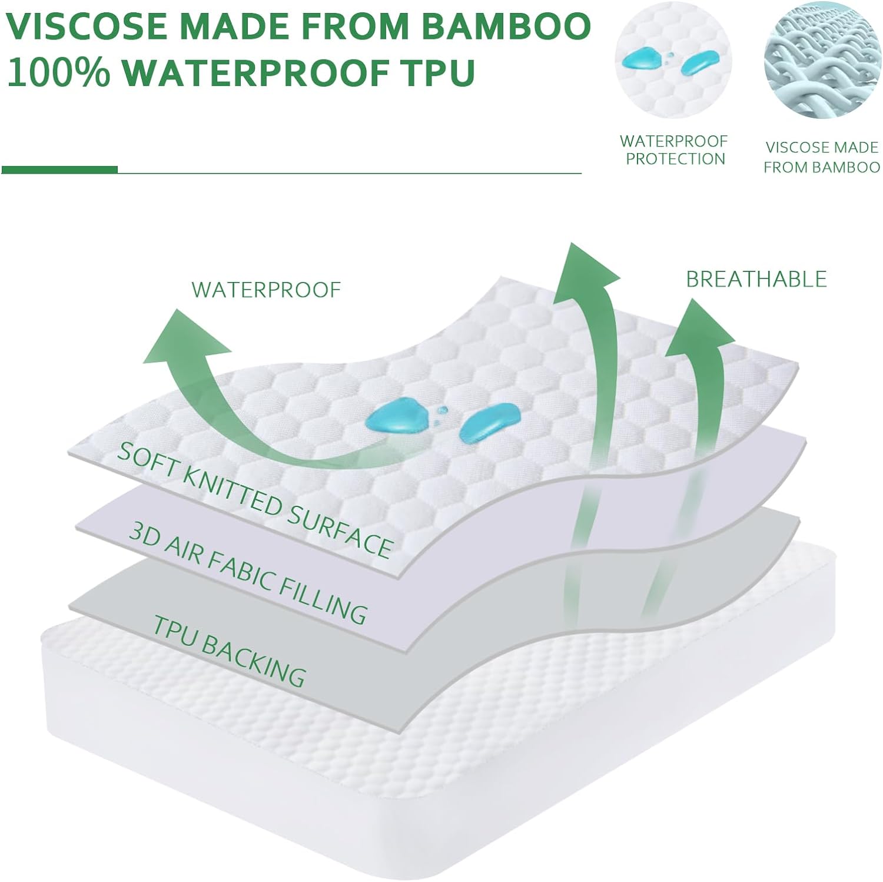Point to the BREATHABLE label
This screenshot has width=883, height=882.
tap(756, 279)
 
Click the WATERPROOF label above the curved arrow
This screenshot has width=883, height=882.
tap(266, 290)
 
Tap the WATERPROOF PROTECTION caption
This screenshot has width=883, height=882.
tap(675, 150)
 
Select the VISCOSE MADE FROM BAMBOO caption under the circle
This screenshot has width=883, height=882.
tap(822, 157)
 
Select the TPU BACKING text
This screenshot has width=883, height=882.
tap(230, 651)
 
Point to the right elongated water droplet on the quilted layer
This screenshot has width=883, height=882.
tap(489, 423)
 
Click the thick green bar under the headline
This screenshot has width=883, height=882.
tap(59, 170)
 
